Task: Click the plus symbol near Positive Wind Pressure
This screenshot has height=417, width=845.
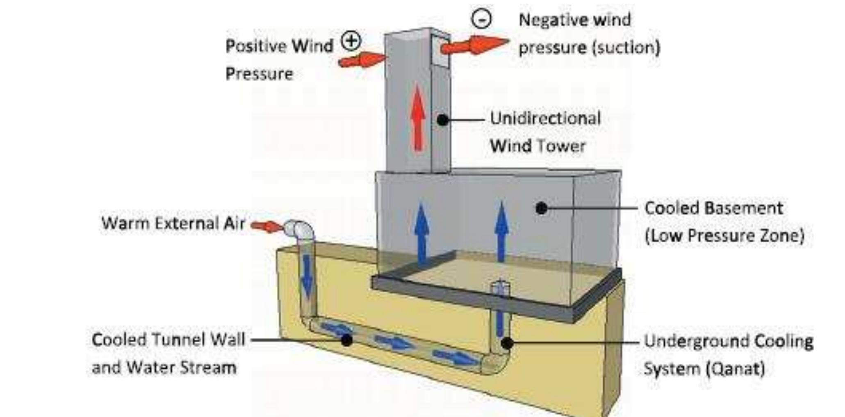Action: [352, 41]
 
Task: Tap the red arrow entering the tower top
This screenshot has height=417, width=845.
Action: [361, 60]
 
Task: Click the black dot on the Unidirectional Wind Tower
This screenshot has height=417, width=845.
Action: [442, 120]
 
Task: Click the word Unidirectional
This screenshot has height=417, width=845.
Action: [545, 118]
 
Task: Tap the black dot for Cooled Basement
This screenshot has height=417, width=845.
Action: [541, 208]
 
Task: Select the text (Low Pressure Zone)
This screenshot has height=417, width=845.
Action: [724, 236]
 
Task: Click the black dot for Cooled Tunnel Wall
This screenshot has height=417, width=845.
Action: [346, 340]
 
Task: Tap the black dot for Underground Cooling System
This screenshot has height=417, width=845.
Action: [507, 343]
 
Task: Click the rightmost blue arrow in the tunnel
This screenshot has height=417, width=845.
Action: [455, 358]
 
